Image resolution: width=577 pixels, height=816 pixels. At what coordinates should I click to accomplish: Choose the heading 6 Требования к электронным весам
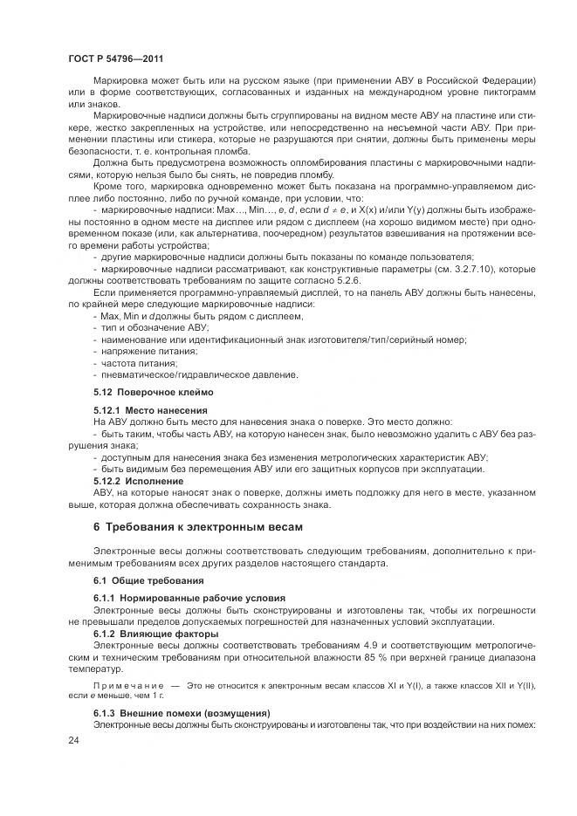[198, 528]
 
